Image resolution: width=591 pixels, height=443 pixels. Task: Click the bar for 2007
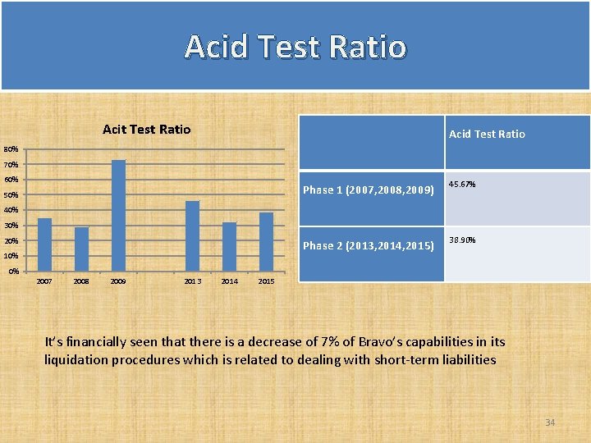pos(44,244)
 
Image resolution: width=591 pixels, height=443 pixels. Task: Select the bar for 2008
pos(81,249)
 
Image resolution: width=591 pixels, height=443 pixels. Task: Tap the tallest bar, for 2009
pos(118,215)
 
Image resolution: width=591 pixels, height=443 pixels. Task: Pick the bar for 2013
pos(192,235)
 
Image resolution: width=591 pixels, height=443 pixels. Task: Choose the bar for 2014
pos(229,246)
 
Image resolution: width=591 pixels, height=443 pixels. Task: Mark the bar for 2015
pos(266,241)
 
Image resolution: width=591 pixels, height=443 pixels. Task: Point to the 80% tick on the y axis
pos(11,150)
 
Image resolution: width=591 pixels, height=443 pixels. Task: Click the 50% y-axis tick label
pos(11,195)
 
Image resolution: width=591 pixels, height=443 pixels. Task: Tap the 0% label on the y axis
pos(13,271)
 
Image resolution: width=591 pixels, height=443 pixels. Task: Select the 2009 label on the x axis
pos(118,281)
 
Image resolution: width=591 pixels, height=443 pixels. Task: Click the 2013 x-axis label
pos(192,281)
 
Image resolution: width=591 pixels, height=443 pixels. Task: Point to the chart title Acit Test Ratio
pos(146,130)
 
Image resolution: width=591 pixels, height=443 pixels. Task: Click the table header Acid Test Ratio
pos(487,134)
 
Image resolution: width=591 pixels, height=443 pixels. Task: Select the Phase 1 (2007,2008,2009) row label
pos(368,190)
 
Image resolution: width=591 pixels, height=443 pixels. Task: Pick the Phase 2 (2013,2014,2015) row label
pos(368,245)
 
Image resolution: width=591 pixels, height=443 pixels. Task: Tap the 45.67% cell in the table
pos(462,185)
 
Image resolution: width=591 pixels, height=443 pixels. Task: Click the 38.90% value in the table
pos(462,240)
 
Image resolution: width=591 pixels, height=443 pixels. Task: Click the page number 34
pos(550,422)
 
